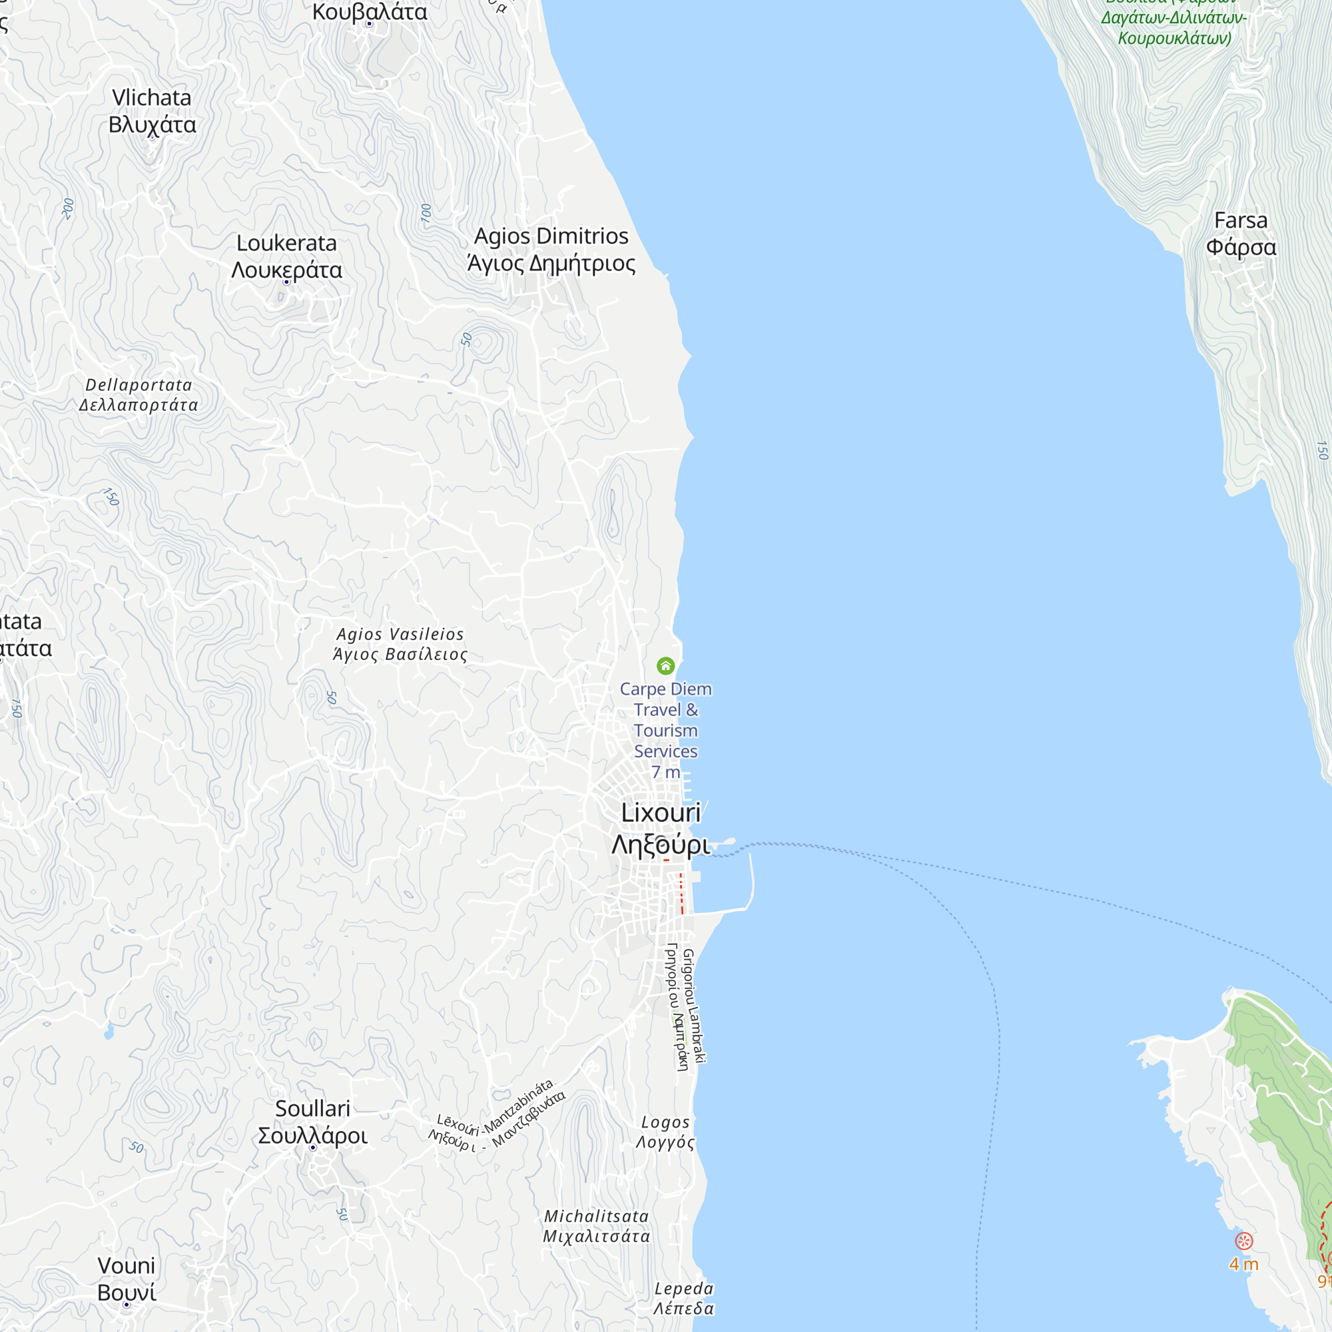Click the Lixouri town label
661,828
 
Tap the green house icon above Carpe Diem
665,665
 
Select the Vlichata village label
152,111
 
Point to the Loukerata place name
287,256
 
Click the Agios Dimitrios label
551,249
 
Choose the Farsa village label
1241,234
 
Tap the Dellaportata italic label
139,394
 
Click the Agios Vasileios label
400,644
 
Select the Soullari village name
313,1122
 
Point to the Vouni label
127,1279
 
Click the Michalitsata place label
596,1226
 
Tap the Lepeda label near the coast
683,1298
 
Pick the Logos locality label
665,1132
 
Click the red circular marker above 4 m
1243,1241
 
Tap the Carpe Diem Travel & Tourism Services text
665,720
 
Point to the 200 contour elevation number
67,208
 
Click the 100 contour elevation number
426,213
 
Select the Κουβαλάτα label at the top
370,13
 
